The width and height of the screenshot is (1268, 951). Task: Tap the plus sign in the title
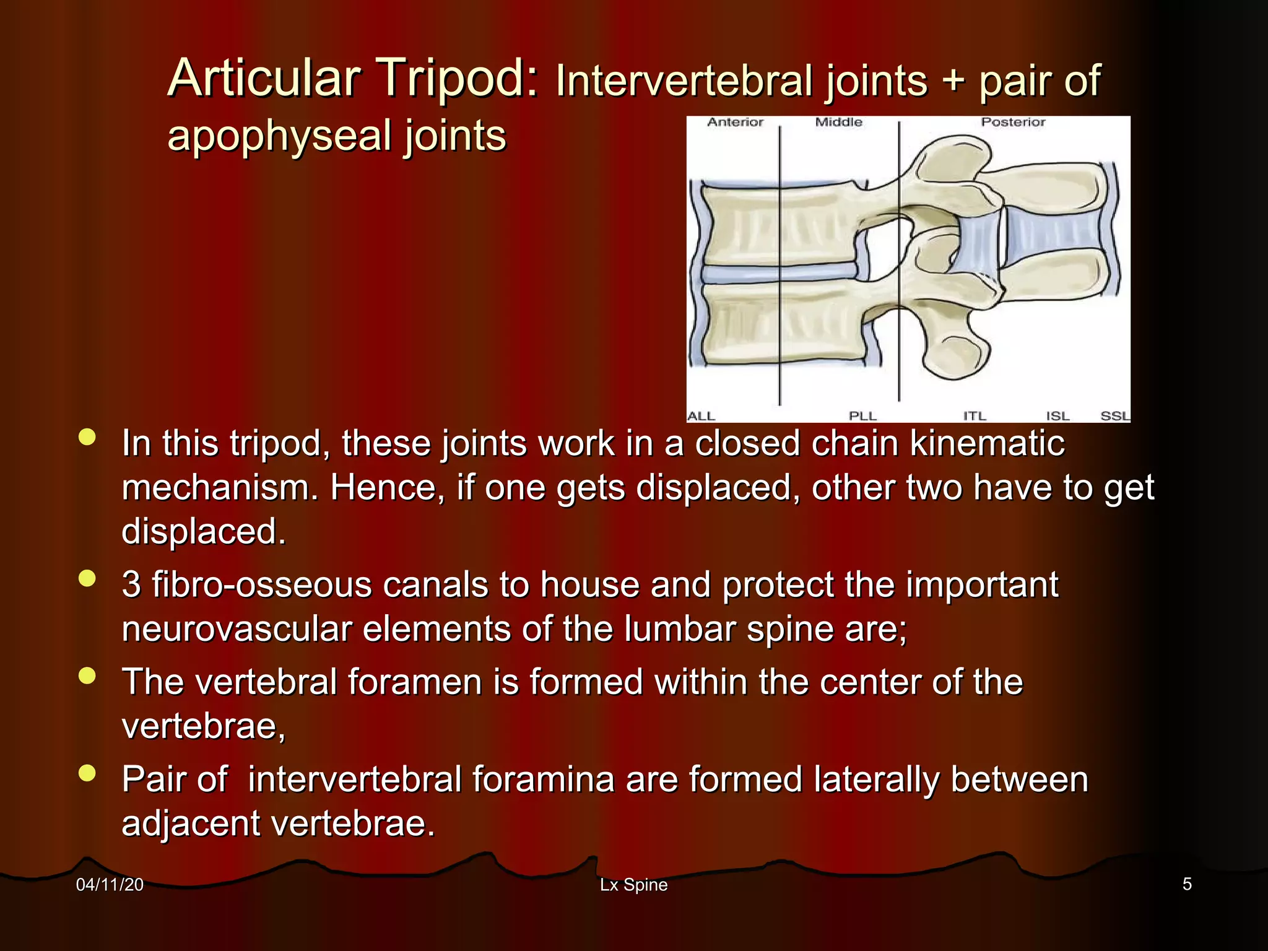click(x=953, y=81)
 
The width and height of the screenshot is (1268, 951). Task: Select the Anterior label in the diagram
click(x=735, y=123)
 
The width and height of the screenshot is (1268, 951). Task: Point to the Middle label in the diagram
click(x=838, y=123)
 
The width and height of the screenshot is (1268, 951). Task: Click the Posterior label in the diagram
click(x=1013, y=123)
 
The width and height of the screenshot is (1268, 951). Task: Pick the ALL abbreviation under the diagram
click(x=701, y=416)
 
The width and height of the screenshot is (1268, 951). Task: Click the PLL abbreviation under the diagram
click(x=862, y=416)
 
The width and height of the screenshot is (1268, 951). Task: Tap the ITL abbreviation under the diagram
click(x=975, y=416)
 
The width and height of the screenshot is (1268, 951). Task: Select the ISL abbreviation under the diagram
click(x=1057, y=416)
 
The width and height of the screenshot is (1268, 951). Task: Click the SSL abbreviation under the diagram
click(x=1114, y=416)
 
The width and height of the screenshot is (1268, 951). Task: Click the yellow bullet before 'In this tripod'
click(x=88, y=437)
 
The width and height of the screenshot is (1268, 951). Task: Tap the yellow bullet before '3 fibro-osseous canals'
click(x=88, y=578)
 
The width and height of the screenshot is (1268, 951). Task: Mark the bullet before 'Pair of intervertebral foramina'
click(x=88, y=773)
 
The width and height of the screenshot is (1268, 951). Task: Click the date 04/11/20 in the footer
click(x=110, y=885)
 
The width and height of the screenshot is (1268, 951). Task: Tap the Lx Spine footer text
click(x=633, y=885)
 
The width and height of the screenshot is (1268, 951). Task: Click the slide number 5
click(x=1187, y=884)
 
